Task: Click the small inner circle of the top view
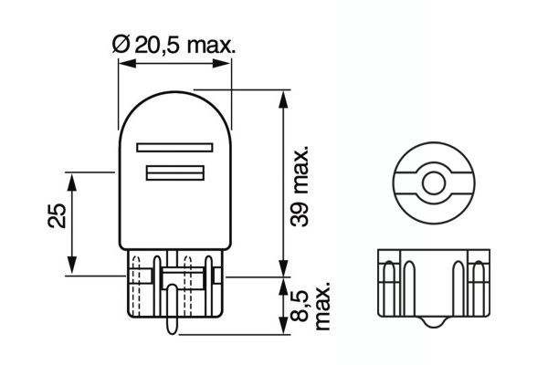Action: coord(430,182)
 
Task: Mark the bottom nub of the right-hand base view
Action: coord(430,323)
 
